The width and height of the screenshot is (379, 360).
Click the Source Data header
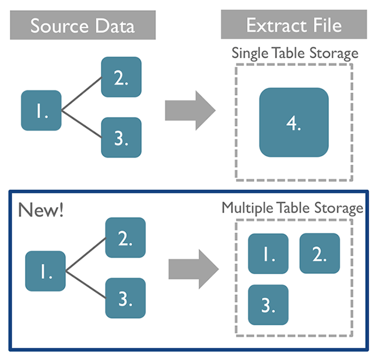click(x=82, y=26)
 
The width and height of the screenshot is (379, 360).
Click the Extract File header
click(x=294, y=26)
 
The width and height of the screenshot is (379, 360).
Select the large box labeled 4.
click(x=294, y=123)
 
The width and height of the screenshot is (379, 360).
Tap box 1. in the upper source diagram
click(x=41, y=110)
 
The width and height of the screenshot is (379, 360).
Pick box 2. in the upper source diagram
click(x=121, y=76)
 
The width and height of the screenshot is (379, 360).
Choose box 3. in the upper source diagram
click(x=121, y=137)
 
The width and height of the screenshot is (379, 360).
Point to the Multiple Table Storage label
click(x=292, y=208)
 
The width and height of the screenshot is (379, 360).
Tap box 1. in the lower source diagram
click(x=45, y=271)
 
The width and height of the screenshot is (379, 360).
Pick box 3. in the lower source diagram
click(x=125, y=298)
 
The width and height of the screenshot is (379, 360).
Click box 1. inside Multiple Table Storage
click(x=268, y=254)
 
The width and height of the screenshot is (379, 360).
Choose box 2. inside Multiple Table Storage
click(x=320, y=253)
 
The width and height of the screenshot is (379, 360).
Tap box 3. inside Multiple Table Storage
click(x=268, y=305)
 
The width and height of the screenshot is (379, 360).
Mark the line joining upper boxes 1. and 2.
click(x=81, y=93)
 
